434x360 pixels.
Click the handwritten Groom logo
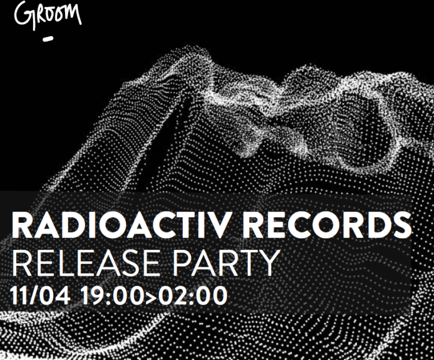(x=47, y=15)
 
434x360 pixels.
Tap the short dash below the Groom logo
(x=48, y=39)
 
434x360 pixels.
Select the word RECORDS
(x=327, y=225)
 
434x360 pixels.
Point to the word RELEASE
(x=86, y=262)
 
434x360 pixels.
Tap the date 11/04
(x=40, y=296)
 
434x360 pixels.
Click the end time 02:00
(x=192, y=296)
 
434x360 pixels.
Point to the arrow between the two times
(x=151, y=298)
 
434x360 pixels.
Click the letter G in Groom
(x=23, y=15)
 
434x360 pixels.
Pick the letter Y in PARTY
(x=266, y=262)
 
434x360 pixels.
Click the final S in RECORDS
(x=401, y=225)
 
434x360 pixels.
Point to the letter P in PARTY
(x=183, y=262)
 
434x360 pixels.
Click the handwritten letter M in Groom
(x=72, y=14)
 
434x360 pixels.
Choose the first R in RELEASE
(x=22, y=262)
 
